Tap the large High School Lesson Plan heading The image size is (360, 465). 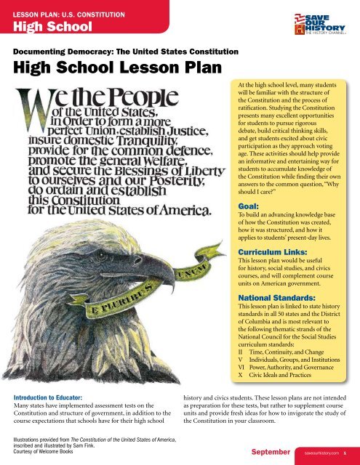(x=99, y=71)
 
